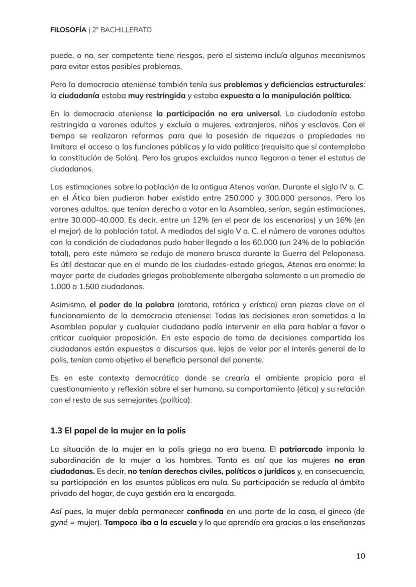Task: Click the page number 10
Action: [x=360, y=555]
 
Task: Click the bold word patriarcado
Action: [x=301, y=448]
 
